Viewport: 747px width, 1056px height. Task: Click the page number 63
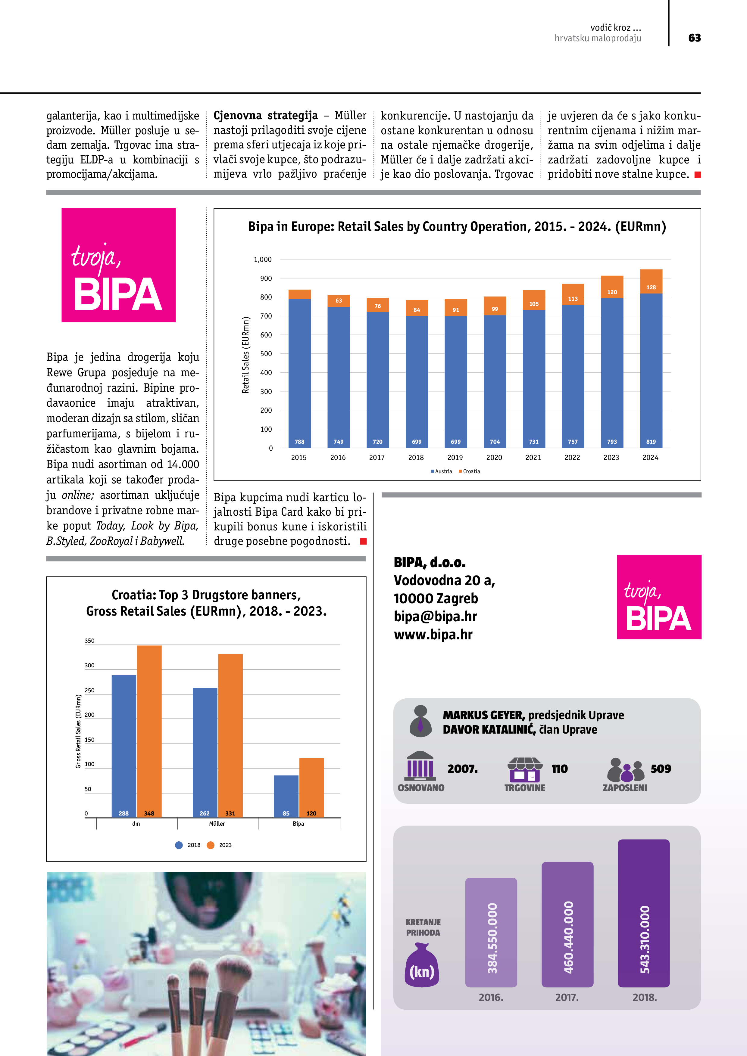(694, 38)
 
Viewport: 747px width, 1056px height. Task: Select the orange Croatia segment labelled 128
(651, 281)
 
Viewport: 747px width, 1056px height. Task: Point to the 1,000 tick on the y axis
(263, 259)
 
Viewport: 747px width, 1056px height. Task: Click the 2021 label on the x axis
(533, 458)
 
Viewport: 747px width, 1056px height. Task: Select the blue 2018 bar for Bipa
(286, 796)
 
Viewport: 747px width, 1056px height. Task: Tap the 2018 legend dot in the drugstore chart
(179, 845)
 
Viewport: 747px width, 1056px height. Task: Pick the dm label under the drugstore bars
(136, 824)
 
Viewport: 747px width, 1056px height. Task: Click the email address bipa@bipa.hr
(435, 616)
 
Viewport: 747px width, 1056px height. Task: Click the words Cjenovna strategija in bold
(266, 115)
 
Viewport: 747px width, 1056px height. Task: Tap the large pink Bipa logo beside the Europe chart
(119, 265)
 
